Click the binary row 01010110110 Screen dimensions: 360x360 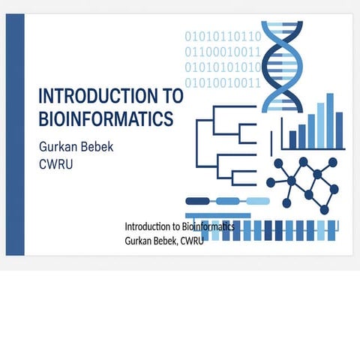click(223, 36)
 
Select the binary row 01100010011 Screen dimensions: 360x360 click(223, 52)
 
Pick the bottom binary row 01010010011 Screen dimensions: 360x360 click(223, 82)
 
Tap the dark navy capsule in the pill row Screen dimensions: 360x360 click(198, 201)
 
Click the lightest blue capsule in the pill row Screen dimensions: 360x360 click(257, 201)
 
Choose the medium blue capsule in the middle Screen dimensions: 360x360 click(228, 201)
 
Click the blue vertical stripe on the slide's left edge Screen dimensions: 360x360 click(15, 135)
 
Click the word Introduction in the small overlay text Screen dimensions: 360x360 click(148, 226)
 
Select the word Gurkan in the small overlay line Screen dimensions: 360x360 click(139, 240)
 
